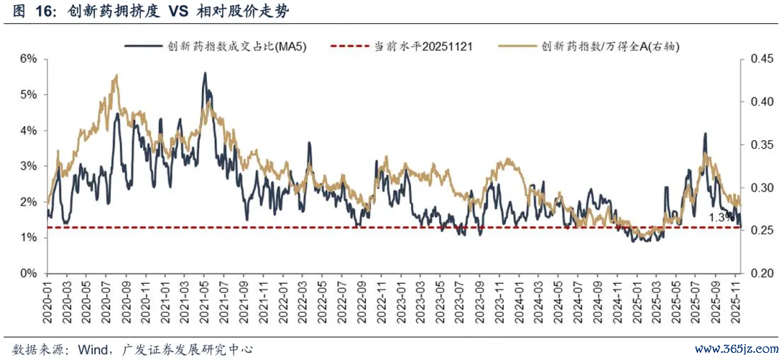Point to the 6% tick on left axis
tap(28, 59)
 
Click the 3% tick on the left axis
tap(28, 166)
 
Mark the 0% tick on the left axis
tap(28, 274)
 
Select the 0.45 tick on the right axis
tap(756, 59)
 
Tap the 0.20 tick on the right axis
tap(756, 274)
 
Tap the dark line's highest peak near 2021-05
tap(205, 73)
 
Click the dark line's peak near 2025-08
tap(704, 134)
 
